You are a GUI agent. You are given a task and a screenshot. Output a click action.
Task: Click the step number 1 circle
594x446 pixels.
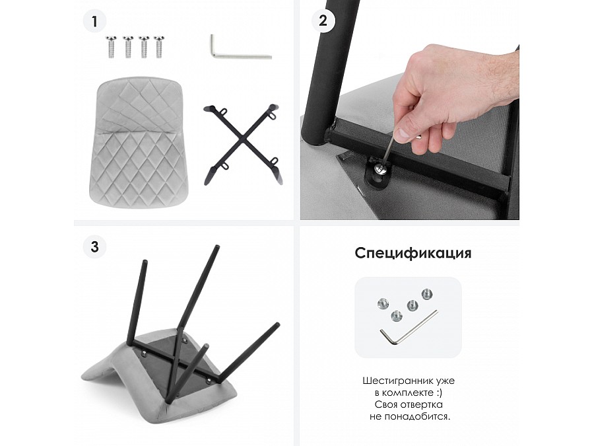point(94,21)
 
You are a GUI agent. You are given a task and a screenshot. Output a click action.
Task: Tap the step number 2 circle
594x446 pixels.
point(323,20)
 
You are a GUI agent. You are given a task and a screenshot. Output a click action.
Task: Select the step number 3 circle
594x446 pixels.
point(94,247)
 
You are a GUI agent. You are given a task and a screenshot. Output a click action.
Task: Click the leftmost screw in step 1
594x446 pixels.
point(111,47)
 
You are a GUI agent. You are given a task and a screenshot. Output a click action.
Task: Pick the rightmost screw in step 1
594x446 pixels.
point(159,47)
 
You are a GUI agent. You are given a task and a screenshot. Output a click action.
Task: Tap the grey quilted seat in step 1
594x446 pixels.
point(139,142)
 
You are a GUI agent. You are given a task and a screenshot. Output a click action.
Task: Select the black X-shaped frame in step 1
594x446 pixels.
point(243,144)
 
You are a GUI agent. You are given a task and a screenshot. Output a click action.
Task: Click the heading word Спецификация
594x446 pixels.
point(413,253)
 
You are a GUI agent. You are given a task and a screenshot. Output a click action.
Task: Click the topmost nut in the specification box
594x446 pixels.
point(427,294)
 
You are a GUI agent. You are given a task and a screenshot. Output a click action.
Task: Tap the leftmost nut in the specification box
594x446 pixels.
point(383,303)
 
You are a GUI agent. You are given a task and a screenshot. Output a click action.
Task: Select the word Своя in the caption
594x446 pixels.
point(386,404)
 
